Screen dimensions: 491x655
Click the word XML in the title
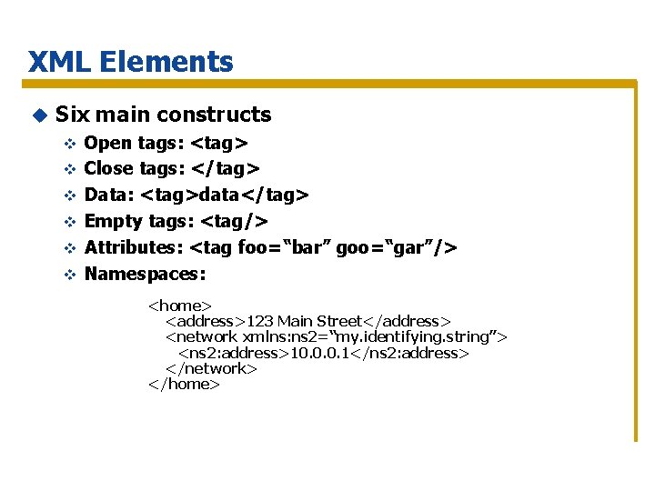(59, 62)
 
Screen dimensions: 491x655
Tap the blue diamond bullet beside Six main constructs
(39, 115)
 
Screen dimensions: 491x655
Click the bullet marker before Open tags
(67, 144)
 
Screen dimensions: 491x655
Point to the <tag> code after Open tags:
(219, 143)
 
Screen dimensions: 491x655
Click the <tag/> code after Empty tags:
(234, 221)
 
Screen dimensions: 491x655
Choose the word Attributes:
(133, 247)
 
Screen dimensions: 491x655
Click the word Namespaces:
(145, 273)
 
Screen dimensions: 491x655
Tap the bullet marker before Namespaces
(67, 274)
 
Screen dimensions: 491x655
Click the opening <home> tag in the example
(180, 306)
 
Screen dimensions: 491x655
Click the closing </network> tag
(211, 368)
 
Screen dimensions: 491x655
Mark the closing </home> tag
(184, 384)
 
